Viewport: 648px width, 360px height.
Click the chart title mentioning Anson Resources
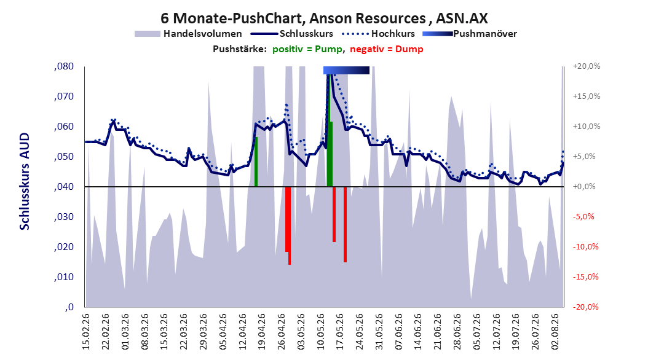point(324,18)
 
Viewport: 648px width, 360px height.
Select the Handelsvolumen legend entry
point(189,34)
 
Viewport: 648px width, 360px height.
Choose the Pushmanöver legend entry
point(470,34)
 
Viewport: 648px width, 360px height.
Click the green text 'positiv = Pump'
point(307,49)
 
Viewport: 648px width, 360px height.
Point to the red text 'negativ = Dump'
point(387,49)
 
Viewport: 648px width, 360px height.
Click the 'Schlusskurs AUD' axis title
point(25,181)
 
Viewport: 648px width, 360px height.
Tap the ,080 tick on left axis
point(64,66)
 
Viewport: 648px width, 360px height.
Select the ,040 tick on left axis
point(64,187)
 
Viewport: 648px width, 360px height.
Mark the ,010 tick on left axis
point(64,277)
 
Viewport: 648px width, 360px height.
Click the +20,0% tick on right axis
point(587,66)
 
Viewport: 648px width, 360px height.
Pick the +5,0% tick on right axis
point(584,157)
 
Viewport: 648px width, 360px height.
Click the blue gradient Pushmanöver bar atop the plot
point(346,71)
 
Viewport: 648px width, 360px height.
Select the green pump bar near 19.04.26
point(256,162)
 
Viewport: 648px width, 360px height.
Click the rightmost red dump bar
point(345,225)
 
